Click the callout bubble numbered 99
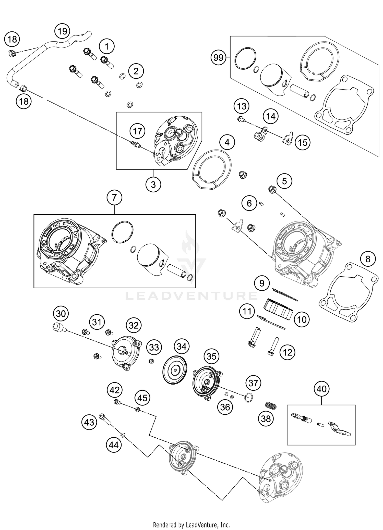(x=218, y=58)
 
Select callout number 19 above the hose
(x=62, y=31)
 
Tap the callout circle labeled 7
(x=114, y=198)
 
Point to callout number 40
(x=321, y=389)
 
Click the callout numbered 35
(x=211, y=356)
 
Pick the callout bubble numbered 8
(x=368, y=259)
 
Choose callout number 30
(x=61, y=314)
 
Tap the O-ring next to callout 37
(x=249, y=398)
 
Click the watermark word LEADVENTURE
(x=192, y=295)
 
